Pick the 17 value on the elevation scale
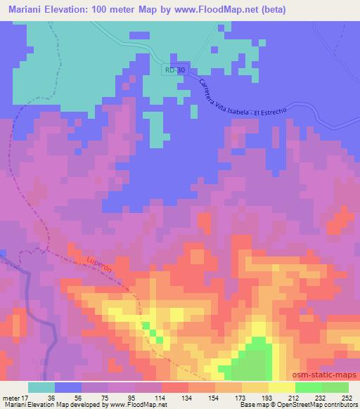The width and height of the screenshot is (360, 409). click(x=26, y=396)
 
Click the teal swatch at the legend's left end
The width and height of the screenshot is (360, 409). click(x=41, y=387)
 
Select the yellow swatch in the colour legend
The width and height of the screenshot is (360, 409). click(x=281, y=387)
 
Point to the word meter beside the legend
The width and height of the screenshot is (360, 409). click(x=11, y=396)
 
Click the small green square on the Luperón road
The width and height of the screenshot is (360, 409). click(x=146, y=327)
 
